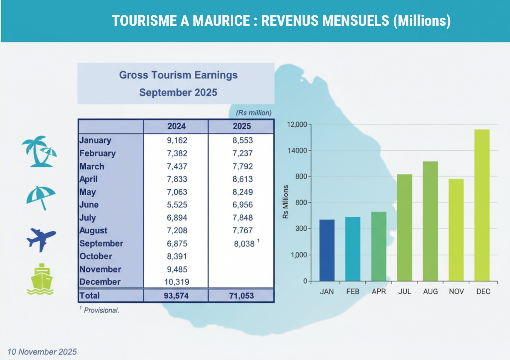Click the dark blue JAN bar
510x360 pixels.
coord(327,250)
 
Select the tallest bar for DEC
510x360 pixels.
coord(482,205)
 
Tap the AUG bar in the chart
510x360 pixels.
coord(430,221)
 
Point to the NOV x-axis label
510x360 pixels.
coord(456,291)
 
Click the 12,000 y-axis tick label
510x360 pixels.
coord(297,124)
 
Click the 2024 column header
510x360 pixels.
coord(176,126)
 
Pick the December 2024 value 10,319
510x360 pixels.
coord(177,282)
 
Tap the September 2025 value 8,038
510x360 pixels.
coord(244,244)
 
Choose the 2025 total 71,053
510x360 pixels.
coord(241,296)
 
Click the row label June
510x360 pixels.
coord(89,205)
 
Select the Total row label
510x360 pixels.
coord(90,296)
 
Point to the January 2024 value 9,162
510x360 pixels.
coord(177,140)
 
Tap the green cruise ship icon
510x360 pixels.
coord(40,279)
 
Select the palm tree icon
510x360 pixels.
coord(39,151)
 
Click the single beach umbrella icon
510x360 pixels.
coord(41,197)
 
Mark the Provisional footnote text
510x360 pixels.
coord(101,310)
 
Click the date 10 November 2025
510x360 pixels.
coord(42,352)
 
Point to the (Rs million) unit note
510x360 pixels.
coord(254,113)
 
